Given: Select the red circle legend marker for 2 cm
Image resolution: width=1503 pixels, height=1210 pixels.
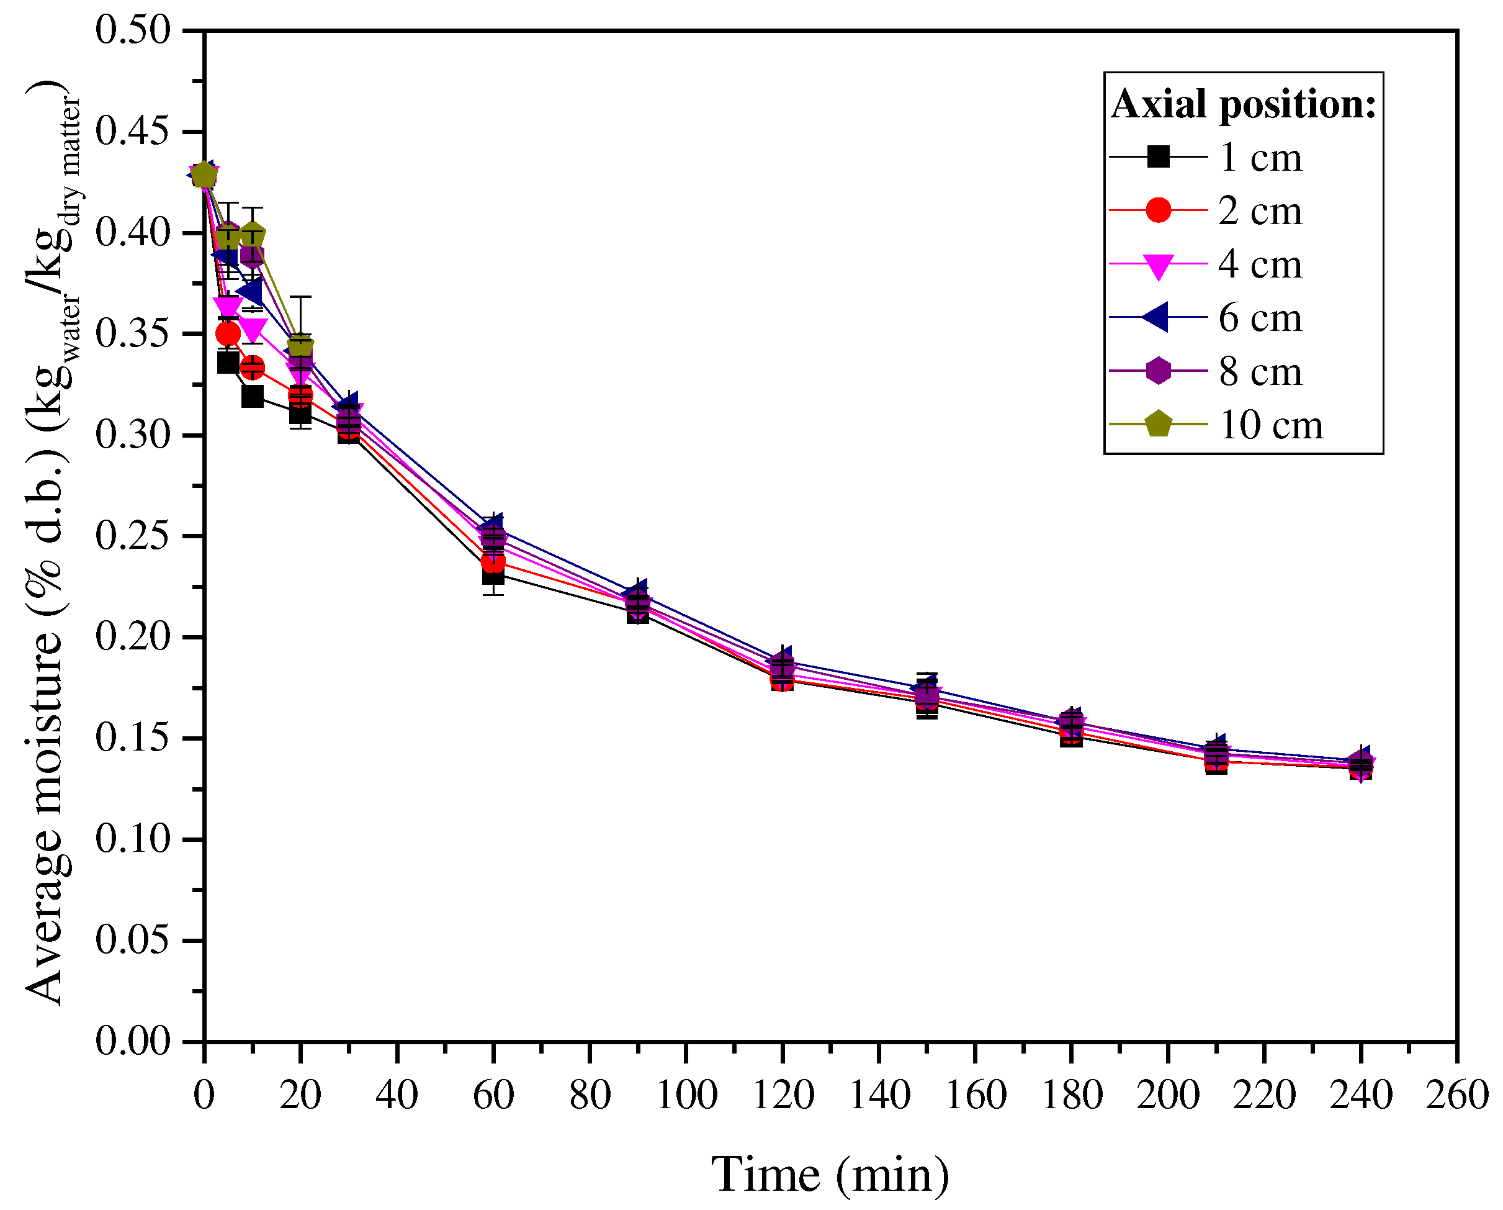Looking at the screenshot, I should (1158, 210).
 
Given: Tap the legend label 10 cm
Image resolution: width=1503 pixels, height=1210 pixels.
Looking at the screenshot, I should (1270, 425).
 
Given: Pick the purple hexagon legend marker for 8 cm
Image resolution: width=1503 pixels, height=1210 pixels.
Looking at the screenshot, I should (1158, 371).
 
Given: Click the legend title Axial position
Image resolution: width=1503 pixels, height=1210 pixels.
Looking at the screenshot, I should (1243, 105).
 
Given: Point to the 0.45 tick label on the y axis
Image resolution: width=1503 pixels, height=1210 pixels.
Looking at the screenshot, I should (132, 131).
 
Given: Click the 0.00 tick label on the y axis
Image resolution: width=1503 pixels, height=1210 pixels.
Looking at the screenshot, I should (132, 1042).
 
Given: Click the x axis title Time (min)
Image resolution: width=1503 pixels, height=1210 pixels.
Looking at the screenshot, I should (830, 1175).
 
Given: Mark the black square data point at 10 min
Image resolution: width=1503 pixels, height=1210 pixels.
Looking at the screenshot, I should (253, 396).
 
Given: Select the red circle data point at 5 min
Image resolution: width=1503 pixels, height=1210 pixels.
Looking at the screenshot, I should (228, 334).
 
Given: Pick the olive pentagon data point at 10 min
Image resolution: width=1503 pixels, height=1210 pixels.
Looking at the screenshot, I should (253, 236).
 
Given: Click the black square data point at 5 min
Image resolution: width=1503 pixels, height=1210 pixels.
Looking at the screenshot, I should (228, 363).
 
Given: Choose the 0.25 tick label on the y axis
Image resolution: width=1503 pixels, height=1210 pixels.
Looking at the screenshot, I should (132, 536).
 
